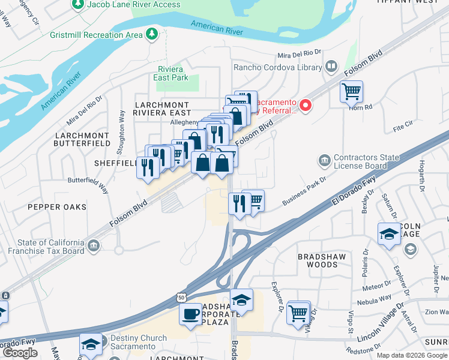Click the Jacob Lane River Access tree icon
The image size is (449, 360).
[x=77, y=5]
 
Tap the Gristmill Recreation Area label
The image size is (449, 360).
[x=98, y=35]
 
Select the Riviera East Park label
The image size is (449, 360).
[x=173, y=73]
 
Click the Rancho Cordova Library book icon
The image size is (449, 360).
[x=331, y=67]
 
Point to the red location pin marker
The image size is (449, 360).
[x=306, y=106]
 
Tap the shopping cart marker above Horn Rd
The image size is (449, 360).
[x=351, y=92]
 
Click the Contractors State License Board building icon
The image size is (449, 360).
[x=324, y=161]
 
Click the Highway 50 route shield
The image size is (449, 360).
[x=181, y=297]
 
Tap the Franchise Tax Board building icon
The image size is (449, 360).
[x=93, y=245]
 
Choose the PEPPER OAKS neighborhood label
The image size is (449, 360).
[x=56, y=207]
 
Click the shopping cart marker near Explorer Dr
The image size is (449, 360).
[x=298, y=312]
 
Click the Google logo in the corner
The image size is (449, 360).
[x=20, y=353]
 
